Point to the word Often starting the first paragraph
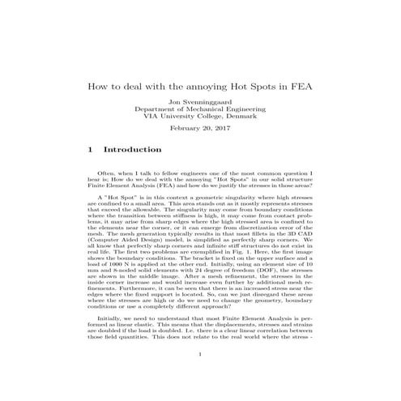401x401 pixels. (105, 174)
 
